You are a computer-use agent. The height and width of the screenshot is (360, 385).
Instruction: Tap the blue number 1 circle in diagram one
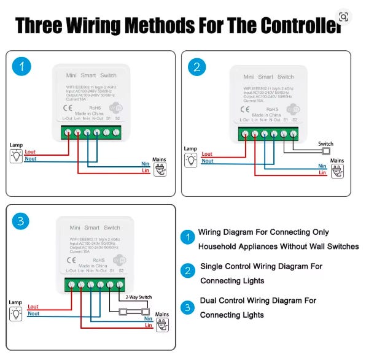[x=23, y=67]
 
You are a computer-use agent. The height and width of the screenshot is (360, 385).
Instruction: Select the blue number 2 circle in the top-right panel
[x=196, y=67]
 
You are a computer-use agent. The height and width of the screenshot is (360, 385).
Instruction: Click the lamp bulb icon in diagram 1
[x=17, y=156]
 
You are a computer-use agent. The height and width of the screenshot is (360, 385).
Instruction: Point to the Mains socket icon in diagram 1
[x=160, y=171]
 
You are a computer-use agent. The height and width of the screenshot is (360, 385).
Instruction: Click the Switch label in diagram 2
[x=325, y=144]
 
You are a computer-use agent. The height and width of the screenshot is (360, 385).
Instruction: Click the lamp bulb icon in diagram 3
[x=17, y=313]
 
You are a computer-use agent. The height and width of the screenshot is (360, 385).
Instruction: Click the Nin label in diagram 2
[x=322, y=166]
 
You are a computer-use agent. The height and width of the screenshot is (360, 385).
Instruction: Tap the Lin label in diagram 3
[x=147, y=325]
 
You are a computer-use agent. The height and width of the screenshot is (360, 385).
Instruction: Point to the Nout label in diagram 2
[x=208, y=161]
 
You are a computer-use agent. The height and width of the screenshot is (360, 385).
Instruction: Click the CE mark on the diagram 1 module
[x=70, y=104]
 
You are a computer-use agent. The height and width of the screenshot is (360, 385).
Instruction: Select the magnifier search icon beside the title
[x=343, y=17]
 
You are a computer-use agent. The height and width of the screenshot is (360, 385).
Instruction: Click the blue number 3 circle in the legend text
[x=188, y=307]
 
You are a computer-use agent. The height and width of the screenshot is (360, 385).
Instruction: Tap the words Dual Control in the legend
[x=223, y=301]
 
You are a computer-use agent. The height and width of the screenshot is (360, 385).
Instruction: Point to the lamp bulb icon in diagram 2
[x=192, y=159]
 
